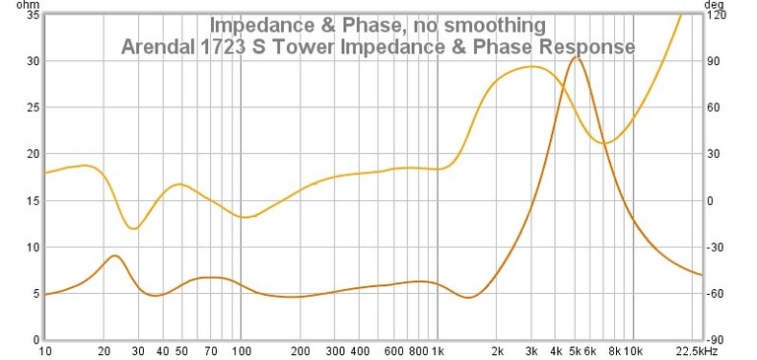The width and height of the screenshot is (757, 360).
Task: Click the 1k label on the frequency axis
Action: (438, 351)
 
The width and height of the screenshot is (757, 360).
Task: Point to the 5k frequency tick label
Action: (576, 351)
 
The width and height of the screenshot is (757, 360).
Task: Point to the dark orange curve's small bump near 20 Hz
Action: (115, 255)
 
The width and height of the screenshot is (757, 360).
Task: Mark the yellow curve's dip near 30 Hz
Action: (134, 229)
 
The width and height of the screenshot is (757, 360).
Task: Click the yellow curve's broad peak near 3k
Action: (532, 67)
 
